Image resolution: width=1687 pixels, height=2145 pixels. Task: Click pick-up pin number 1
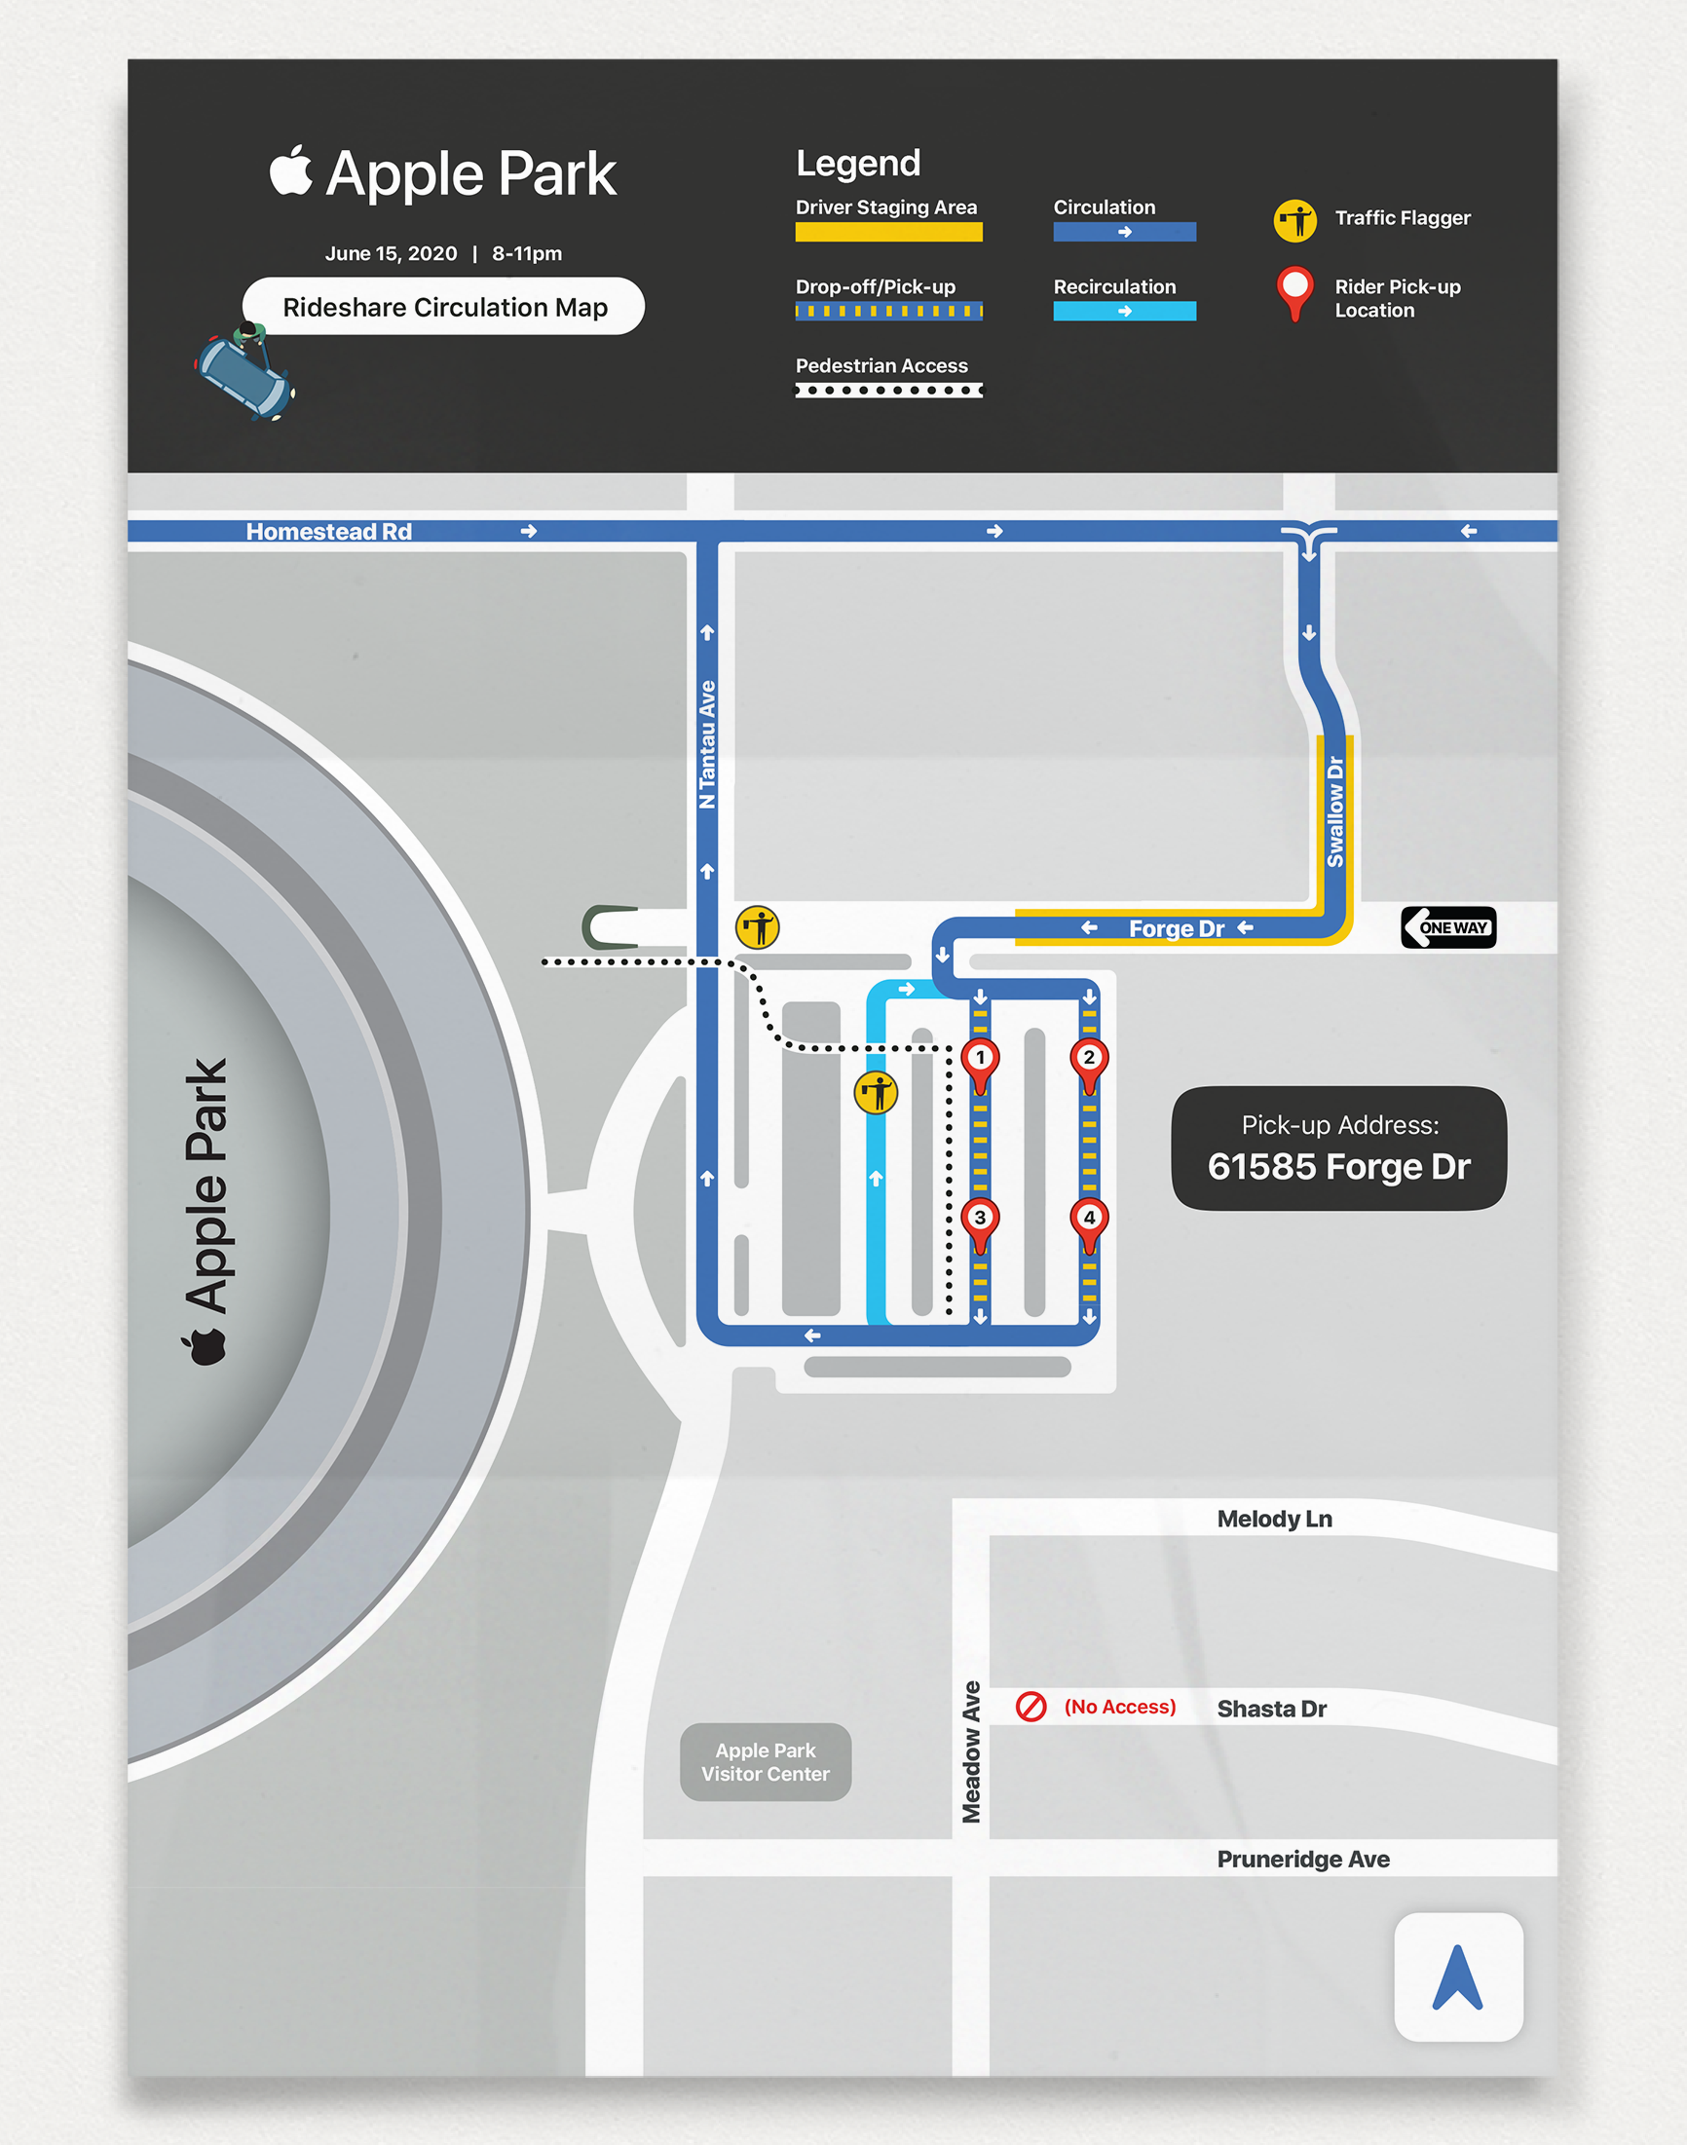pyautogui.click(x=980, y=1060)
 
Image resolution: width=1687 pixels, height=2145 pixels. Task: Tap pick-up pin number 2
pyautogui.click(x=1088, y=1060)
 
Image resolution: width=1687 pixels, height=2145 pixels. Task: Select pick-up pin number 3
pyautogui.click(x=980, y=1220)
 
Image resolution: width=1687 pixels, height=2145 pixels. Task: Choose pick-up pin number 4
pyautogui.click(x=1088, y=1220)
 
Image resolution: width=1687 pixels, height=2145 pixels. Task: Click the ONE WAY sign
pyautogui.click(x=1448, y=927)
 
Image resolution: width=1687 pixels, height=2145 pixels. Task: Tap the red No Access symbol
pyautogui.click(x=1031, y=1707)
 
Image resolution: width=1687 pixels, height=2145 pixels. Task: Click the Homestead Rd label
pyautogui.click(x=329, y=531)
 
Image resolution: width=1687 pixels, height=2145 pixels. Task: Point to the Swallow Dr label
pyautogui.click(x=1335, y=811)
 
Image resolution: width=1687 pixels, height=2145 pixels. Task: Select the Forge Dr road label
pyautogui.click(x=1177, y=928)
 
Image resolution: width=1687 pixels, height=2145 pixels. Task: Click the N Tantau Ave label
pyautogui.click(x=707, y=744)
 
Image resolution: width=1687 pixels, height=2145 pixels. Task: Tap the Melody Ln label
pyautogui.click(x=1274, y=1519)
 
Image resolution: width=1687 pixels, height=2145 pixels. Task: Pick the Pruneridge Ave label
pyautogui.click(x=1303, y=1860)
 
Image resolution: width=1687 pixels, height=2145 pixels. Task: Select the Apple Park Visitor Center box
pyautogui.click(x=766, y=1762)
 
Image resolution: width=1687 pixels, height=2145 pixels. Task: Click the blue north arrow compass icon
pyautogui.click(x=1458, y=1977)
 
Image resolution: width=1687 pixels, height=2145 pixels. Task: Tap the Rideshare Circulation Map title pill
pyautogui.click(x=444, y=307)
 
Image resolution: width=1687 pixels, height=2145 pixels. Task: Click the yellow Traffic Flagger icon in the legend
pyautogui.click(x=1293, y=220)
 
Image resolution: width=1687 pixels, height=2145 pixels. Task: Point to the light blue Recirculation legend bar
pyautogui.click(x=1124, y=311)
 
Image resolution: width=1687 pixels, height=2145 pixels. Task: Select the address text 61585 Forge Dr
pyautogui.click(x=1338, y=1167)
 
